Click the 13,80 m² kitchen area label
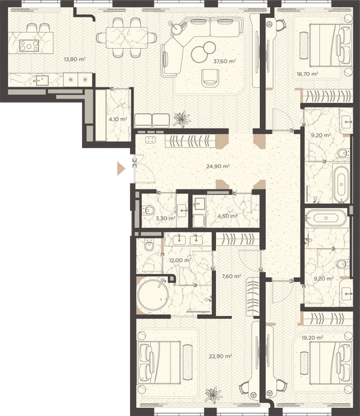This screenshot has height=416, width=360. click(75, 59)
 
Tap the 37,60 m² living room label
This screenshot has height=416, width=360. click(225, 61)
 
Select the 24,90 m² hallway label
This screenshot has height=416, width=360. click(218, 167)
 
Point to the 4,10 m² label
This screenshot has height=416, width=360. click(117, 119)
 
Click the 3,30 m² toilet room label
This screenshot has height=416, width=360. click(165, 219)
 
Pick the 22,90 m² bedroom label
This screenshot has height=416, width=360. click(220, 356)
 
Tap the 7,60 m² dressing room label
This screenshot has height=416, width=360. click(231, 277)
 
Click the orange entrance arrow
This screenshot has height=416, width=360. click(121, 169)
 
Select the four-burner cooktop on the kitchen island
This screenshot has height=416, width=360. click(29, 46)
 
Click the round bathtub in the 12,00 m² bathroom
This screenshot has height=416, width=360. click(153, 295)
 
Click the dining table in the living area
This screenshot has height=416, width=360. click(127, 38)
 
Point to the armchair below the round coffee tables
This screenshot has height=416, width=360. click(211, 78)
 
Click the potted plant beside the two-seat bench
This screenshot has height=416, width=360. click(182, 119)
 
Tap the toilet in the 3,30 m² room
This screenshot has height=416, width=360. click(148, 211)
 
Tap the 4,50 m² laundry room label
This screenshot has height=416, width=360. click(227, 216)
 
